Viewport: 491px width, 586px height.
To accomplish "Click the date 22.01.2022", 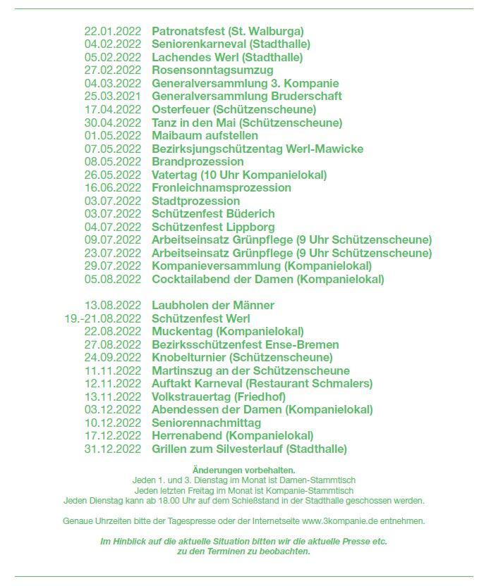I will point(113,32).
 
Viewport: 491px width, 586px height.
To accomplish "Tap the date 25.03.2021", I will point(113,96).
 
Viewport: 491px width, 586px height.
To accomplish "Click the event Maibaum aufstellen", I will point(205,135).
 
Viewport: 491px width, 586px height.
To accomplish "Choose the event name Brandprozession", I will point(198,161).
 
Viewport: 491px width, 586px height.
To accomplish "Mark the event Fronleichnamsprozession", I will point(222,187).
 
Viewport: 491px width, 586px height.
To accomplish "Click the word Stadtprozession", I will point(196,201).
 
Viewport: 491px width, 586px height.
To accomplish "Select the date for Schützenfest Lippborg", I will point(113,227).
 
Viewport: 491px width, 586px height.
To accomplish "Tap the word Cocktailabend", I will point(188,279).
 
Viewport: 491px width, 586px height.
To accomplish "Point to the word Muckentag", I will point(182,331).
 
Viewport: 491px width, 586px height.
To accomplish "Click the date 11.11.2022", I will point(113,370).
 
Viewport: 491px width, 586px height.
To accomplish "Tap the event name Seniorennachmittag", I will point(206,423).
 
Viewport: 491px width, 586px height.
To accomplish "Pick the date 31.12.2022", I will point(113,449).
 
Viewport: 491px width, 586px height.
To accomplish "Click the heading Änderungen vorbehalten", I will point(243,470).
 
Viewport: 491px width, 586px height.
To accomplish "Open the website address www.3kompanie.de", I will point(337,521).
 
